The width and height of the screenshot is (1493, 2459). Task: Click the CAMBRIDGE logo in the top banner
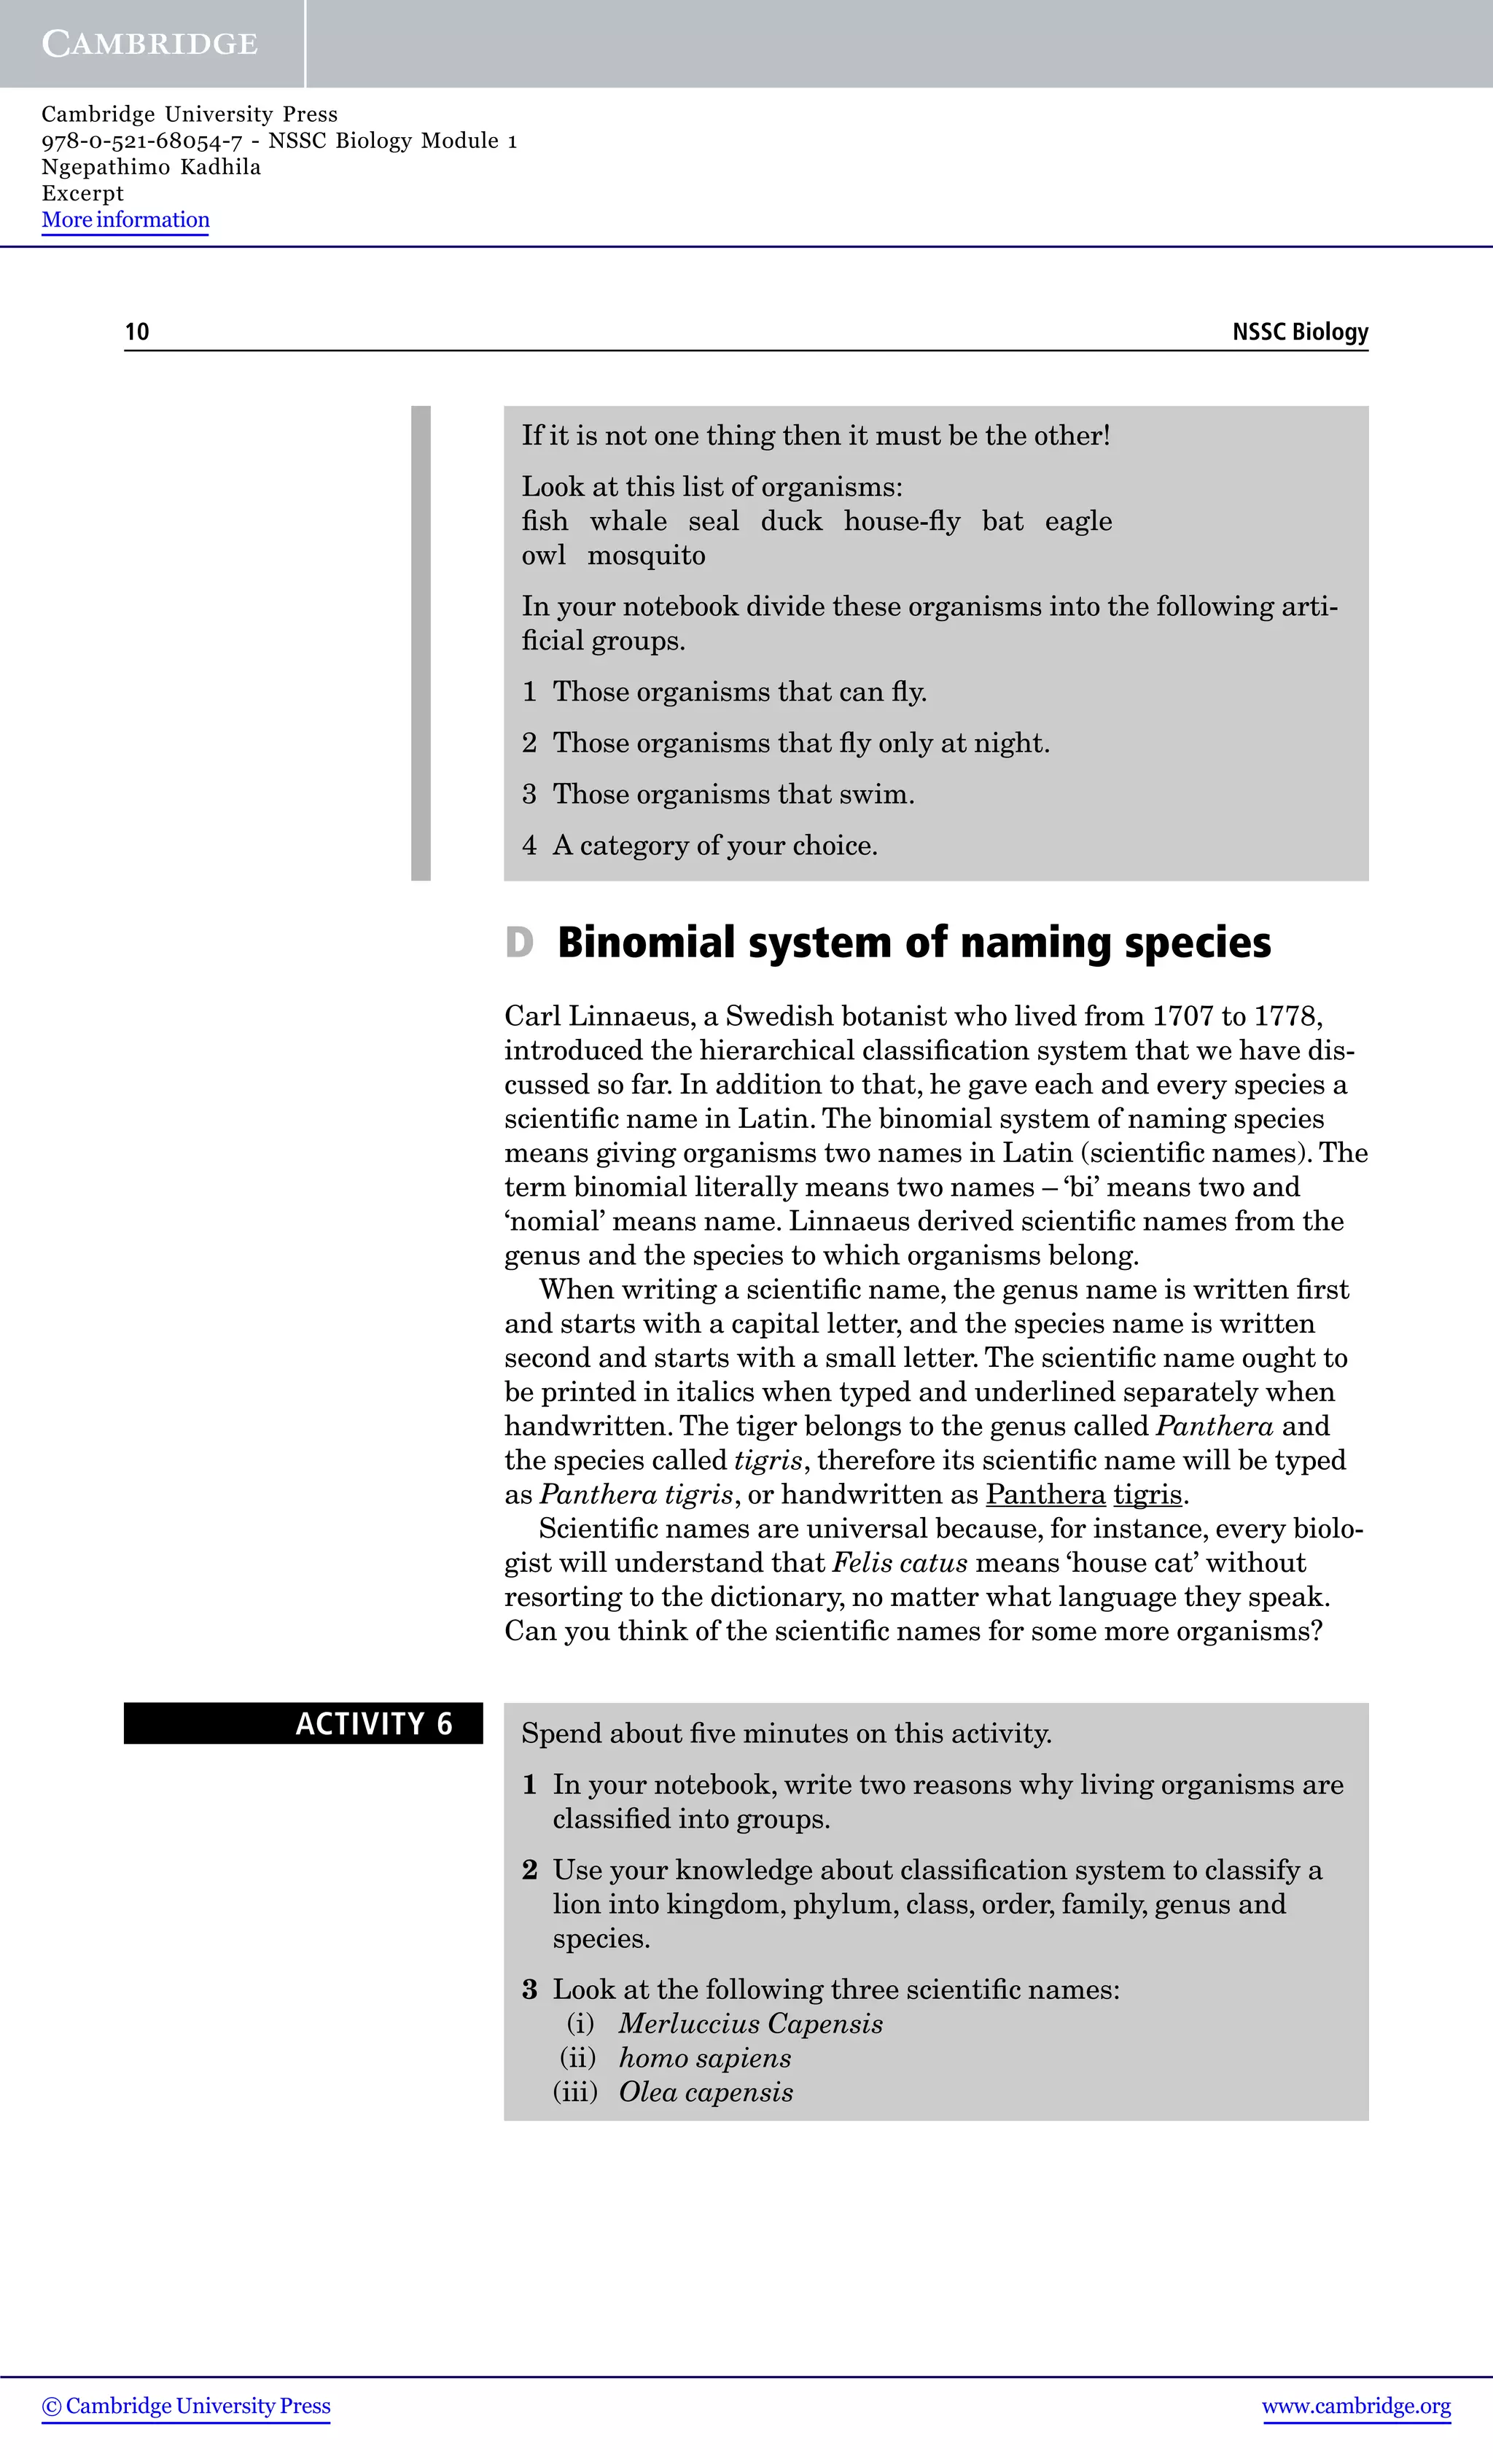click(149, 44)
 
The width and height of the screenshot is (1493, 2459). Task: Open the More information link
click(125, 219)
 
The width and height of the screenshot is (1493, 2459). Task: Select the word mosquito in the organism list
click(646, 556)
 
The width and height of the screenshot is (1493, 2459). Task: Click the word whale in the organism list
click(628, 521)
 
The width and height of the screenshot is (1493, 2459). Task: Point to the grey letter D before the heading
click(519, 943)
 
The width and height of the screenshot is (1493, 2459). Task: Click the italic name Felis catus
click(899, 1563)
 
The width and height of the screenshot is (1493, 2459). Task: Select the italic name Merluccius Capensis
click(750, 2024)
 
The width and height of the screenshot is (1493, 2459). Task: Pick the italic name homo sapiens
click(705, 2058)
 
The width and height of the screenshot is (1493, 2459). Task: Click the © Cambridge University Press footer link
click(186, 2406)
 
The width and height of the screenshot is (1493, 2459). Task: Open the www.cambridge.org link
click(1355, 2406)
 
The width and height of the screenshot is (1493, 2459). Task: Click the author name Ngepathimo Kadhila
click(151, 167)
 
